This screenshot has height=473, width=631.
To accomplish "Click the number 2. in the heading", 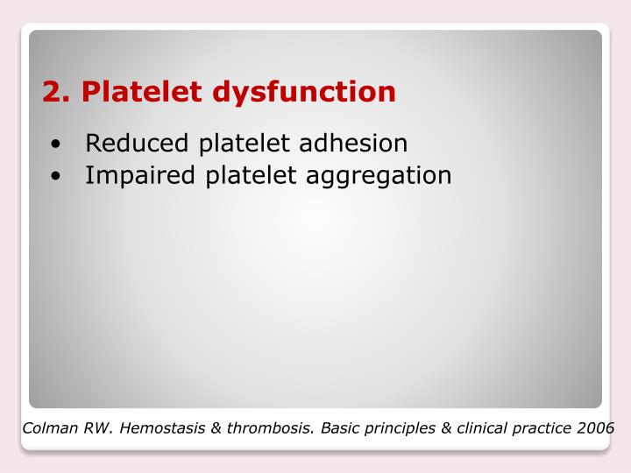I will (56, 91).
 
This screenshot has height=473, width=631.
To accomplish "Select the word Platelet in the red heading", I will (139, 91).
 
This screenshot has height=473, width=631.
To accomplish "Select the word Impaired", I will (141, 176).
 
